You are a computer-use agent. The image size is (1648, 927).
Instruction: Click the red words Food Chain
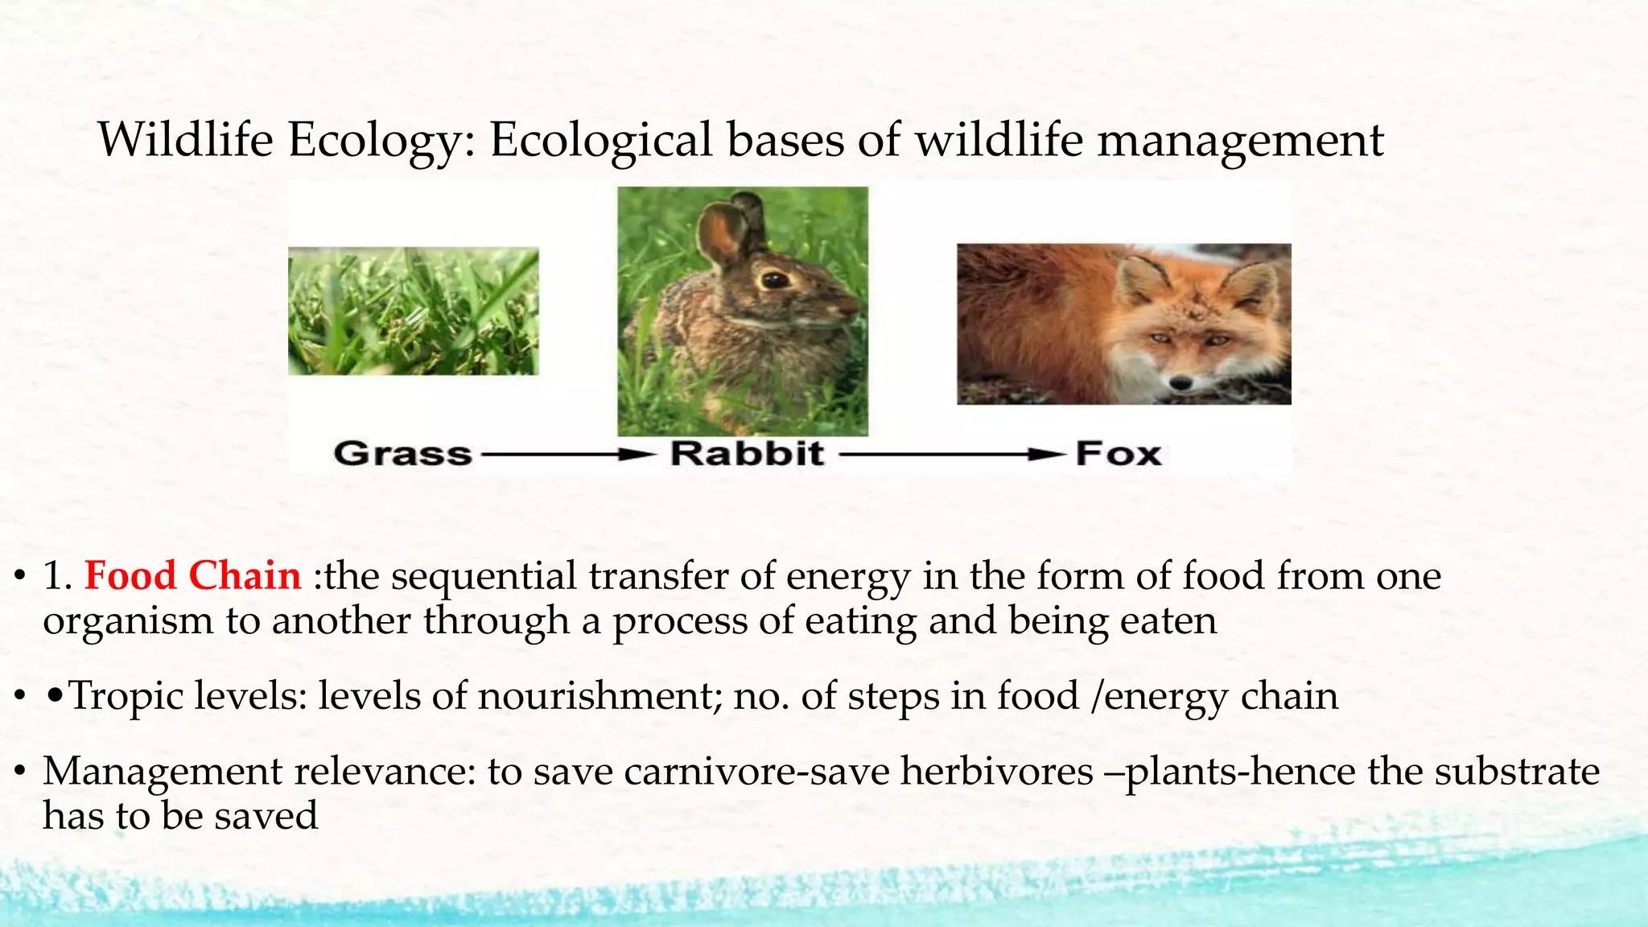click(192, 576)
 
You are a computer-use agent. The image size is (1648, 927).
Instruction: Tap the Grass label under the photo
click(402, 454)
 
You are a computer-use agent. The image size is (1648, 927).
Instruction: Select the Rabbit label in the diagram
click(747, 454)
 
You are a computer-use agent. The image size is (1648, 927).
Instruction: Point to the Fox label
click(1118, 455)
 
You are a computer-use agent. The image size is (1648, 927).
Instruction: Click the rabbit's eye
click(775, 280)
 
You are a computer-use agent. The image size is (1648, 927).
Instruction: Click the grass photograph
click(414, 311)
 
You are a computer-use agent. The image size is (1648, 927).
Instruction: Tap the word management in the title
click(1240, 141)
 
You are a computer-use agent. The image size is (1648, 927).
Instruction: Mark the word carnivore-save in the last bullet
click(756, 771)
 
